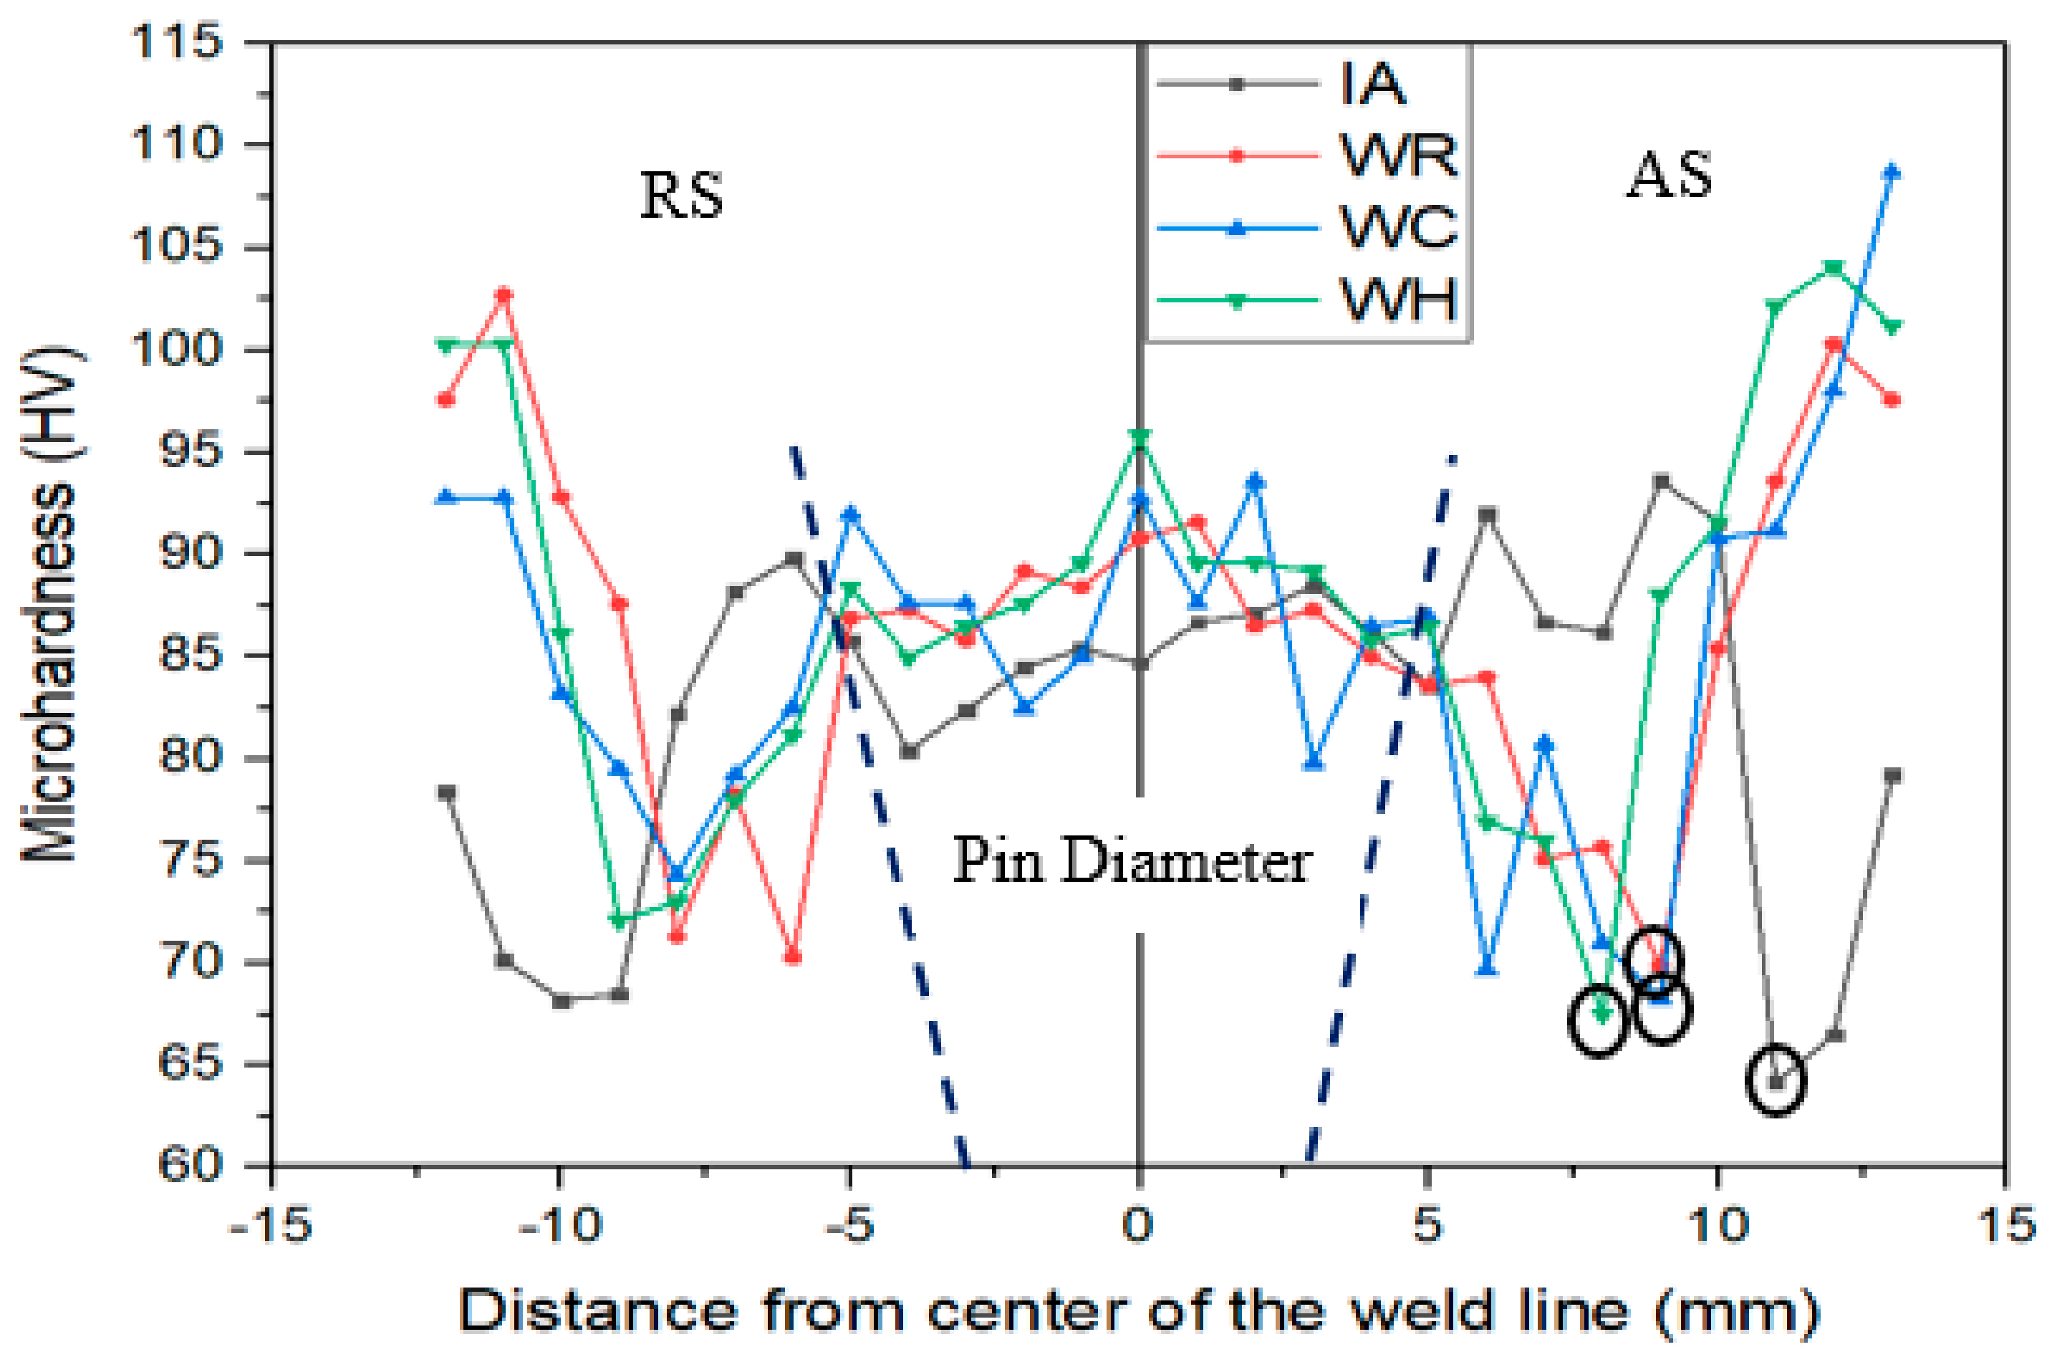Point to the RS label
pos(681,196)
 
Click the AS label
pos(1668,177)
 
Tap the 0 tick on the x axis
pos(1139,1225)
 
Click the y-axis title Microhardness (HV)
pos(49,603)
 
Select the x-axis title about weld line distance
pos(1138,1310)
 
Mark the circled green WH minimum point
pos(1601,1014)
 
